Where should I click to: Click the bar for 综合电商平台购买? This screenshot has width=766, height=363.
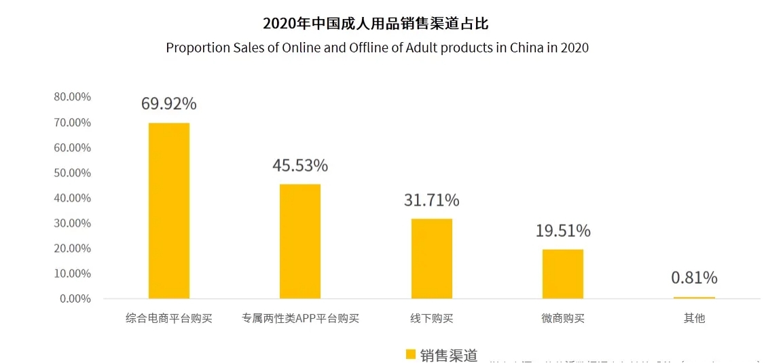(x=169, y=210)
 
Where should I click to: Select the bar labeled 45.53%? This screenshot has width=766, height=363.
(x=300, y=241)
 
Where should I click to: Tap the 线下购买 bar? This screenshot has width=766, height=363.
(x=431, y=259)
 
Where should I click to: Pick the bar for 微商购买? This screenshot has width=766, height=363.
(x=562, y=274)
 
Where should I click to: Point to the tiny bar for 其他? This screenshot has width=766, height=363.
(x=694, y=297)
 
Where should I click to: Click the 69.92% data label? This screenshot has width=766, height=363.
(x=169, y=104)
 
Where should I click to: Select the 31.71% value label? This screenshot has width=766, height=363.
(x=431, y=200)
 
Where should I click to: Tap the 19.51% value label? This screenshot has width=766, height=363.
(x=562, y=231)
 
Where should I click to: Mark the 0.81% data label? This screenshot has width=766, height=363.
(x=694, y=278)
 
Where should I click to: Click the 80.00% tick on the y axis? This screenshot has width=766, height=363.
(x=72, y=97)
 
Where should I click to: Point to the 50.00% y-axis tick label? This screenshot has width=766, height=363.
(x=72, y=173)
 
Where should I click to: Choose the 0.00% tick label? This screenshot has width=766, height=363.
(x=75, y=299)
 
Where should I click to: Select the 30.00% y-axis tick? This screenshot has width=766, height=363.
(x=72, y=223)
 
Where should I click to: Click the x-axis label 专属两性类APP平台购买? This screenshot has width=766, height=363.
(x=300, y=318)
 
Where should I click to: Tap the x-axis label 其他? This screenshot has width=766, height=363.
(x=694, y=318)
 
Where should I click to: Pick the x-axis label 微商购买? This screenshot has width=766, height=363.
(x=562, y=318)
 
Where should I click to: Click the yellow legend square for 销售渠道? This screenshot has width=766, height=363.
(x=410, y=354)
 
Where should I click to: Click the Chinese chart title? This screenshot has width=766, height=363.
(x=376, y=24)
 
